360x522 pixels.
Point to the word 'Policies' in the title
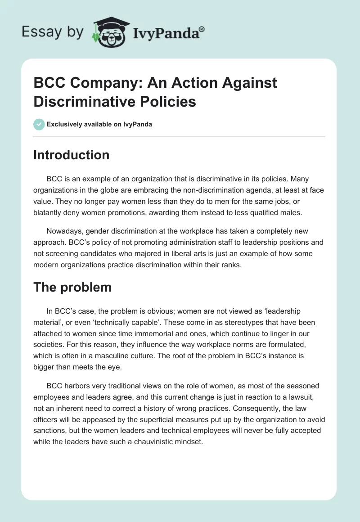pyautogui.click(x=170, y=101)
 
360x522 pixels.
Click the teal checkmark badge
pyautogui.click(x=39, y=124)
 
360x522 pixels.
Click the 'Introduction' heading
pyautogui.click(x=71, y=155)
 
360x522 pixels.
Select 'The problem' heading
pyautogui.click(x=72, y=288)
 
